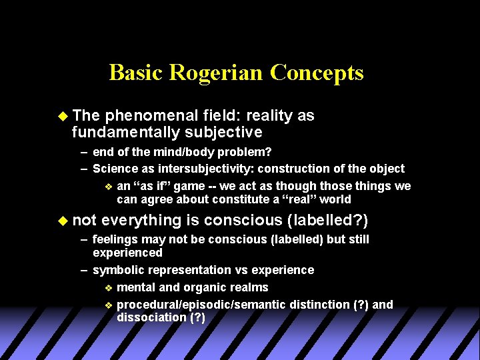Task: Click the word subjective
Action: click(x=225, y=132)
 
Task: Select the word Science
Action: click(x=115, y=169)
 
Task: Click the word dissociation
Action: click(x=151, y=317)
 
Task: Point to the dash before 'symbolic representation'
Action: click(x=84, y=270)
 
